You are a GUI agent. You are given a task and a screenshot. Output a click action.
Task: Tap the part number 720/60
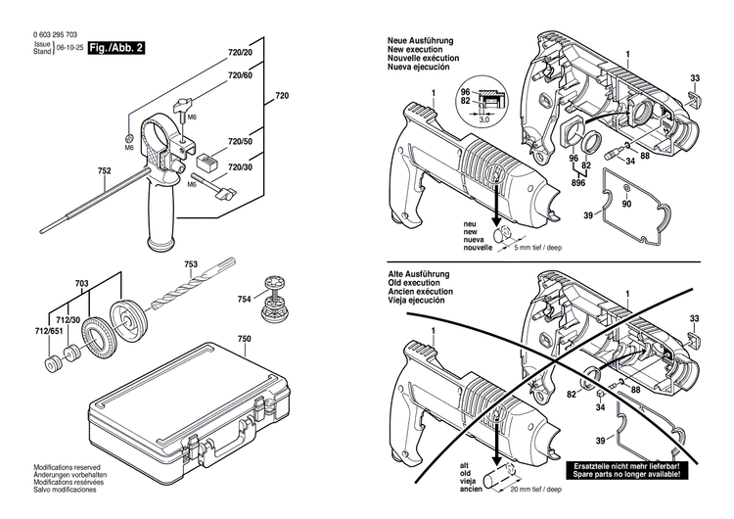pyautogui.click(x=240, y=75)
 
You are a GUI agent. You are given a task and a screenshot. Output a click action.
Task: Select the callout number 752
pyautogui.click(x=104, y=170)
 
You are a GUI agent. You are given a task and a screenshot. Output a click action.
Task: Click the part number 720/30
pyautogui.click(x=240, y=167)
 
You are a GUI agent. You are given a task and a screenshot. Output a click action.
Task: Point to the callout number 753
pyautogui.click(x=191, y=265)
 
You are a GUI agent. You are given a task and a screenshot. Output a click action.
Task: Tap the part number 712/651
pyautogui.click(x=46, y=332)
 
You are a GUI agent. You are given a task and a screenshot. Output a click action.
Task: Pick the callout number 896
pyautogui.click(x=579, y=183)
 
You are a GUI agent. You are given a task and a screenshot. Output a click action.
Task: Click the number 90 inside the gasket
pyautogui.click(x=627, y=203)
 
